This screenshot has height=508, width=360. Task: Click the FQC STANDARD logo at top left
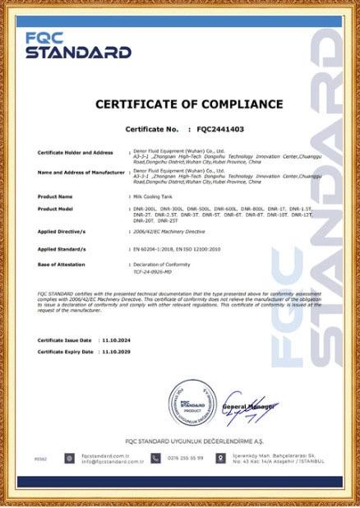click(x=78, y=45)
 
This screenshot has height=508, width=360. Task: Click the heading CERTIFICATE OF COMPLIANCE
click(x=189, y=104)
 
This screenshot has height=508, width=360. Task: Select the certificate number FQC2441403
click(x=220, y=130)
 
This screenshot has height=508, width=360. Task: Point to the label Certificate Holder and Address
click(x=75, y=153)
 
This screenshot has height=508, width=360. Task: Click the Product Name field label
click(x=55, y=196)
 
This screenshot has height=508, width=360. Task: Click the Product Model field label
click(x=57, y=209)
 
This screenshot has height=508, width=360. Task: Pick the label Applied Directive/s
click(x=62, y=232)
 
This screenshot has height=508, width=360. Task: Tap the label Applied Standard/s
click(x=62, y=248)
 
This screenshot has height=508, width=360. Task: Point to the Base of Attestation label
click(x=61, y=263)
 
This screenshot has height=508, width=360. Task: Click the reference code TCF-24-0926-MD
click(x=155, y=270)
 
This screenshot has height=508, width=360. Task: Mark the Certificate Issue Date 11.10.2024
click(x=111, y=339)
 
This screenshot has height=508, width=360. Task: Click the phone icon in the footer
click(x=155, y=458)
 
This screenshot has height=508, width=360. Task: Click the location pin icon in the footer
click(x=220, y=458)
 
